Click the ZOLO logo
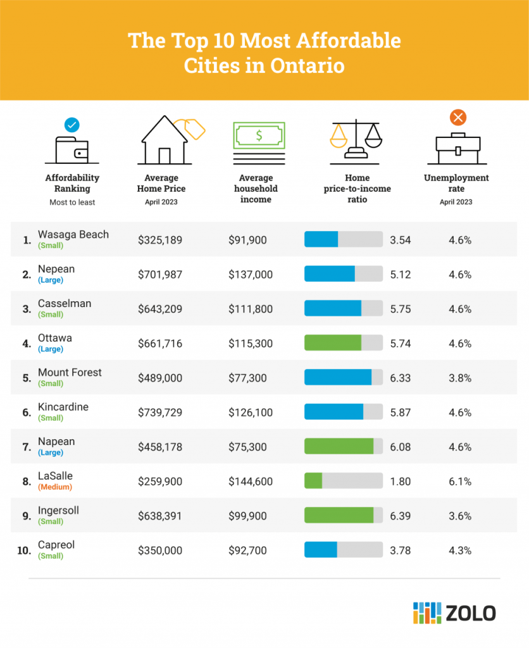click(454, 613)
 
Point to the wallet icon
click(72, 147)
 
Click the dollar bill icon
click(259, 140)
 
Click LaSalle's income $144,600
click(251, 482)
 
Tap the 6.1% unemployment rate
click(460, 482)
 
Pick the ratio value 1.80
click(401, 482)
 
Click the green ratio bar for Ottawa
click(333, 344)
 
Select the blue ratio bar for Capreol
click(320, 550)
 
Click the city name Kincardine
click(63, 407)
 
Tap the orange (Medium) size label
click(55, 487)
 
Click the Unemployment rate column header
click(456, 184)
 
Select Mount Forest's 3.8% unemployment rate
click(460, 378)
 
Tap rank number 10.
click(24, 550)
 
